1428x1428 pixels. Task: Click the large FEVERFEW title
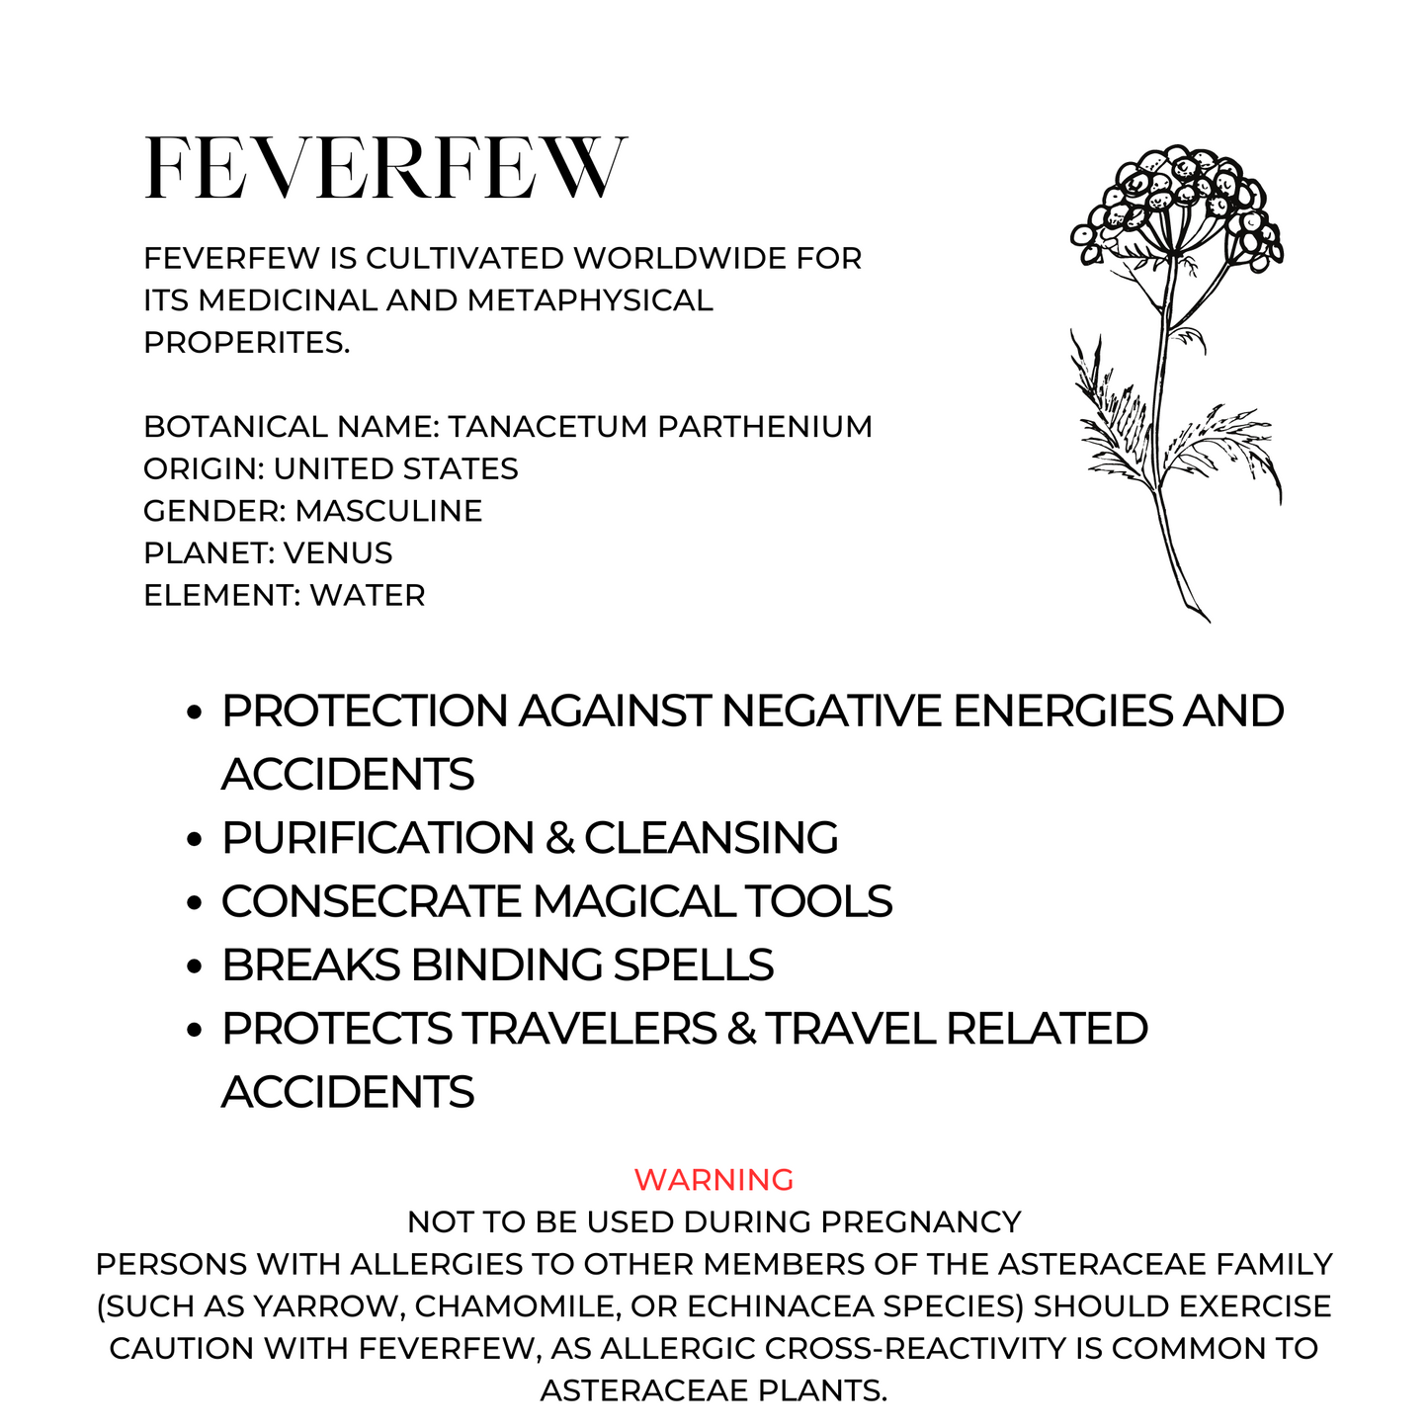(x=385, y=168)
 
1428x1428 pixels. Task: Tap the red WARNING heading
(x=714, y=1179)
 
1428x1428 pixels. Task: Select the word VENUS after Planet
(x=338, y=553)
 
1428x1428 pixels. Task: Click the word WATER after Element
(x=368, y=596)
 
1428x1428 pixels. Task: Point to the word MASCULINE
(x=388, y=511)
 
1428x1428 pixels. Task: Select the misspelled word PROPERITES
(x=246, y=343)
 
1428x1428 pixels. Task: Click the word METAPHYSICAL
(x=590, y=300)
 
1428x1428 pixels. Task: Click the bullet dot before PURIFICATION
(x=195, y=839)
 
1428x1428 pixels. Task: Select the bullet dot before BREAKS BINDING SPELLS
(x=195, y=966)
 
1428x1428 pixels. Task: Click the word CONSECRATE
(x=372, y=901)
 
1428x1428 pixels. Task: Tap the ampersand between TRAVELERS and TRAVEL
(x=740, y=1029)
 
